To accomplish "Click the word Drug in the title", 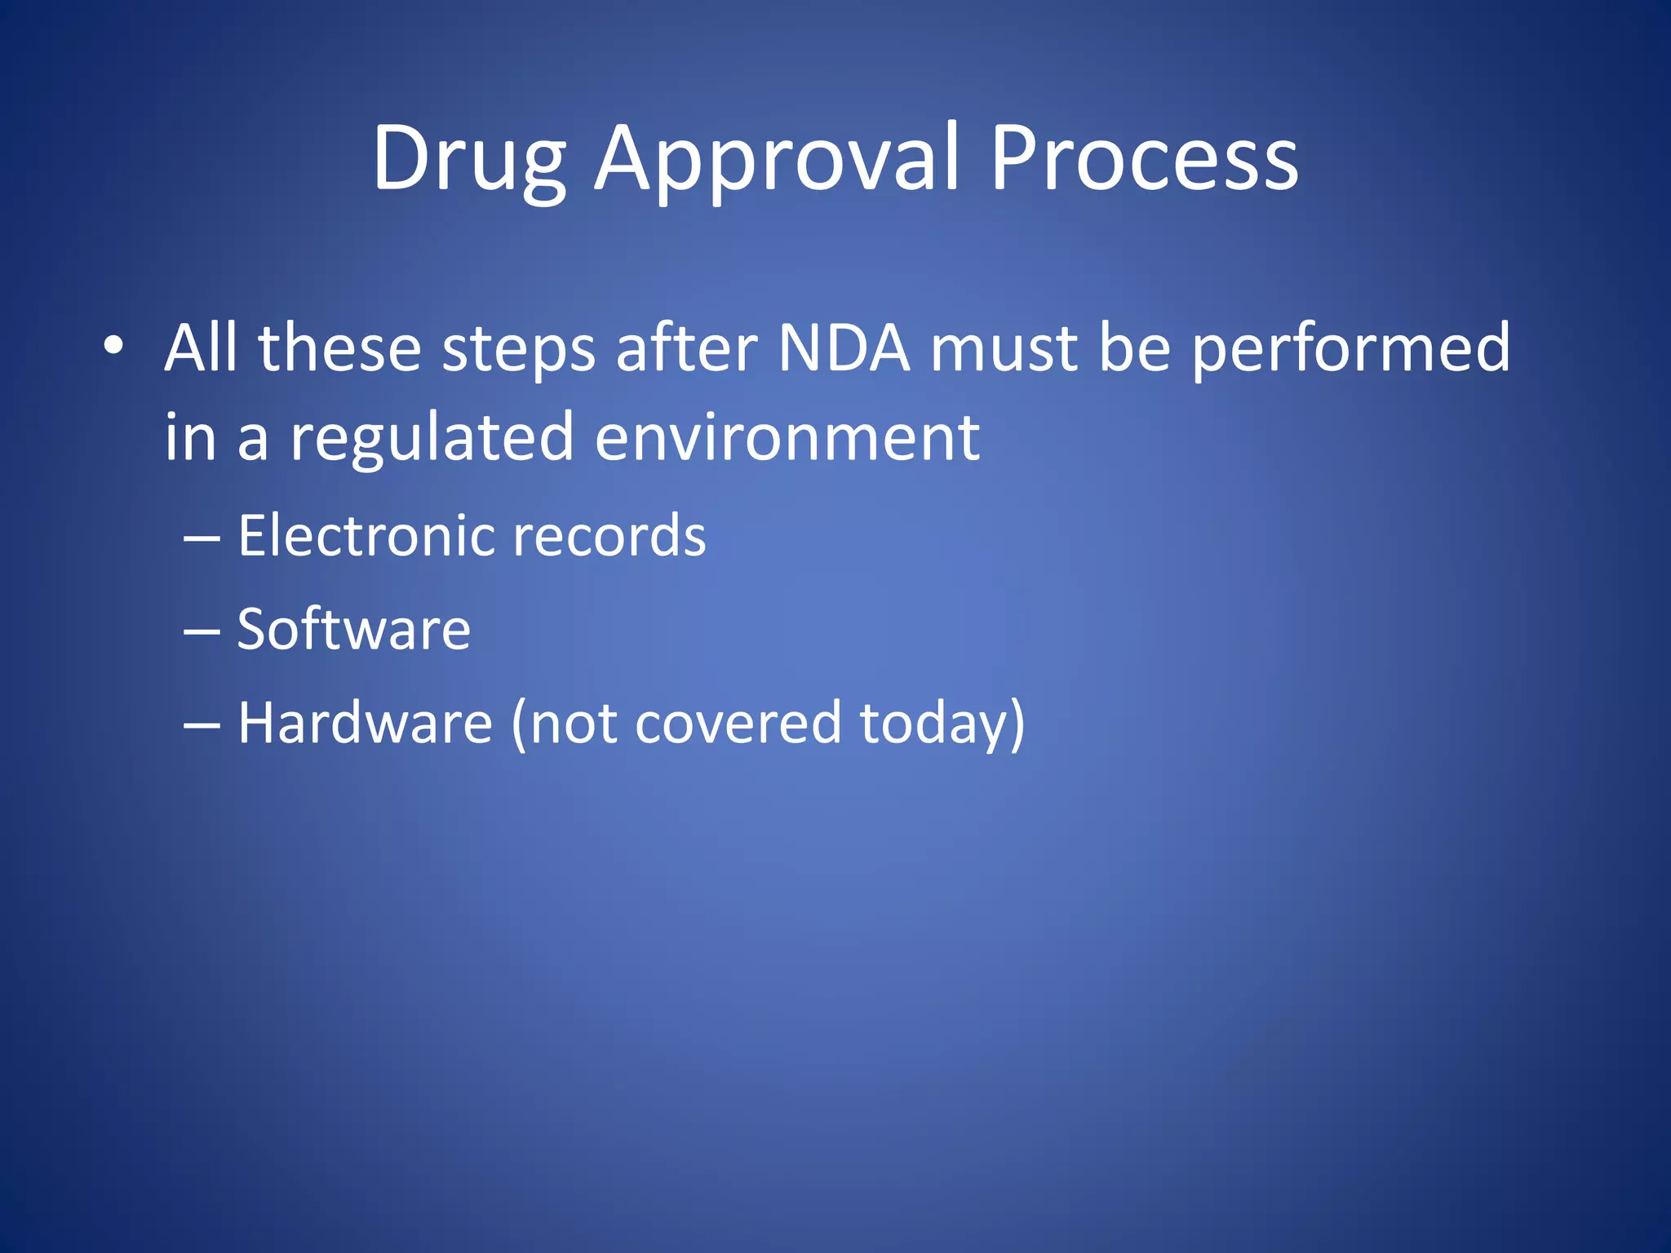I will pyautogui.click(x=469, y=159).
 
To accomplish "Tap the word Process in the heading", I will pyautogui.click(x=1144, y=159).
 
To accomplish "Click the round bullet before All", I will pyautogui.click(x=113, y=346).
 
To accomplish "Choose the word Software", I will pyautogui.click(x=353, y=630).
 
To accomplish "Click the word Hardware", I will pyautogui.click(x=365, y=724).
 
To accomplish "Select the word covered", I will pyautogui.click(x=738, y=724).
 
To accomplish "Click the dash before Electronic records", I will pyautogui.click(x=202, y=539).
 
